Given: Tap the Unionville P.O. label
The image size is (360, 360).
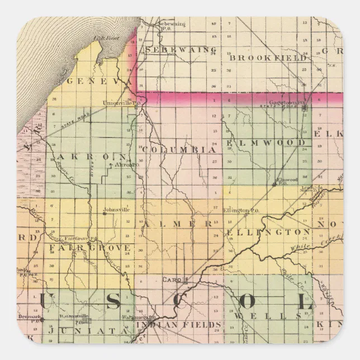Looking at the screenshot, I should tap(124, 102).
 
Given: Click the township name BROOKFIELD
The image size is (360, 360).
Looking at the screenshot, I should tap(268, 58).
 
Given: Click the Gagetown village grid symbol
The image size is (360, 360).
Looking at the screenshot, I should tap(305, 110).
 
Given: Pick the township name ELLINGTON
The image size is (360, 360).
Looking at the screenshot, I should tap(268, 231).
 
